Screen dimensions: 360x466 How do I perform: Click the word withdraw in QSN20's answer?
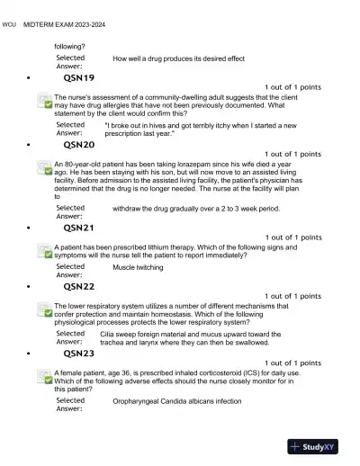coord(130,209)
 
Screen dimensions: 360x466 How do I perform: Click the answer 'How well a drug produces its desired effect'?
coord(178,58)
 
